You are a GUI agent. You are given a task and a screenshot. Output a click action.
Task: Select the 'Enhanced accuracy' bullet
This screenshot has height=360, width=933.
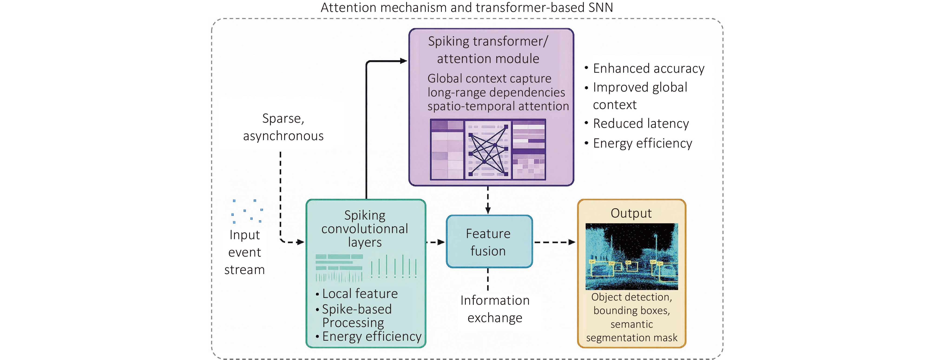point(648,69)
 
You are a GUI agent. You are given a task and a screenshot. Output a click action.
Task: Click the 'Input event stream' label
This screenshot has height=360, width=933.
point(244,252)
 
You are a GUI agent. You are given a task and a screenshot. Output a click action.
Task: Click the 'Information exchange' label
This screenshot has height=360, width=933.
point(495,309)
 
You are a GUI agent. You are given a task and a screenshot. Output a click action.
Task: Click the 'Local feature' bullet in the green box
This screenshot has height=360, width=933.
point(360,293)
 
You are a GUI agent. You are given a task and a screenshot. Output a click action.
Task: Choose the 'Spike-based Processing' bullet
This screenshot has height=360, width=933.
point(356,315)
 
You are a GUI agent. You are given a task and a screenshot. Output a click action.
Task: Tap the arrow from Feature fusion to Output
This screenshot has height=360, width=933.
point(554,242)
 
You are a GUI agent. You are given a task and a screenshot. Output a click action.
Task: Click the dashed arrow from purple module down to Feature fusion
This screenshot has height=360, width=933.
point(488,200)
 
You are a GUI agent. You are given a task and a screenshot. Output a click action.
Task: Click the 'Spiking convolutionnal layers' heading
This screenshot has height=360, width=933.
point(365,228)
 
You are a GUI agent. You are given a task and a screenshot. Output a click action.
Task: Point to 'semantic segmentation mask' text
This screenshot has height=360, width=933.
point(632,331)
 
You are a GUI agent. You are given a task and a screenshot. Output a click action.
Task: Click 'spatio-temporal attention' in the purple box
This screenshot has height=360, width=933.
point(498,106)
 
